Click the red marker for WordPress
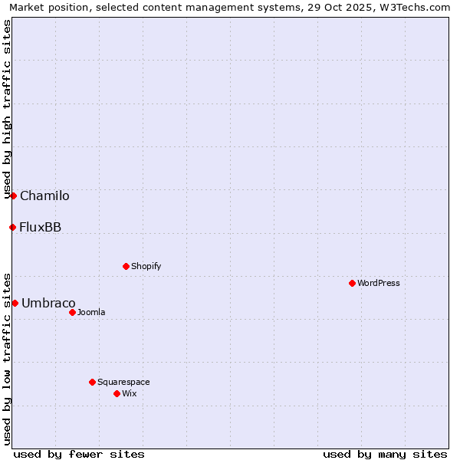click(352, 283)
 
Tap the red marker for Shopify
click(126, 266)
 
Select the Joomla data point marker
click(72, 312)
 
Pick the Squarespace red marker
click(92, 382)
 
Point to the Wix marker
click(117, 393)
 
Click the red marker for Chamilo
click(13, 195)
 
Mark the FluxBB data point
click(12, 227)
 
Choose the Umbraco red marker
click(15, 303)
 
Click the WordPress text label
click(379, 283)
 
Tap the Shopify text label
click(146, 266)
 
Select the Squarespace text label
click(123, 382)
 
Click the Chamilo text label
click(44, 195)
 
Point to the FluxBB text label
click(41, 227)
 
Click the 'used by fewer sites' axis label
click(79, 454)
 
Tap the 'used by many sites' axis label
click(385, 454)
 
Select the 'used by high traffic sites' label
click(7, 109)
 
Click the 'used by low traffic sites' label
click(7, 359)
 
